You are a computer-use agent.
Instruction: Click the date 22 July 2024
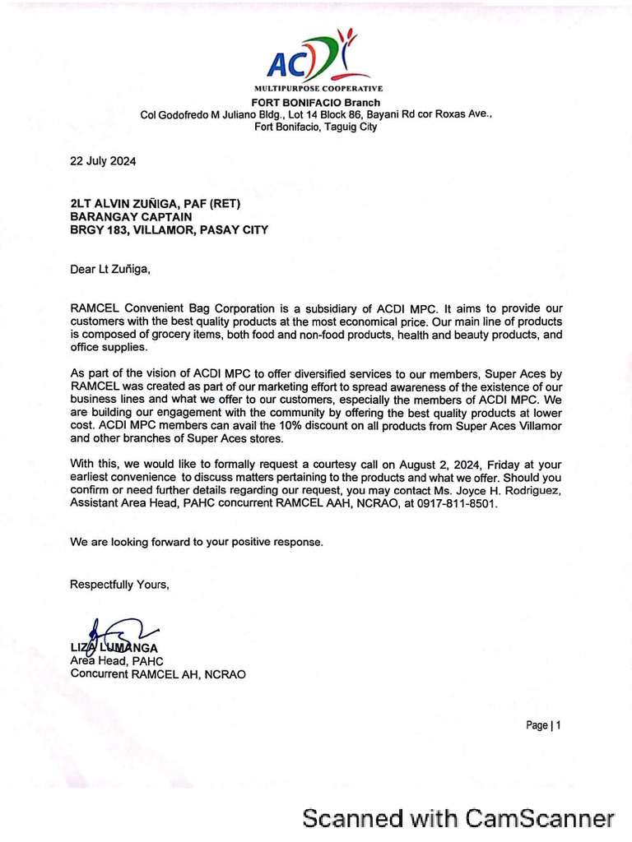click(103, 161)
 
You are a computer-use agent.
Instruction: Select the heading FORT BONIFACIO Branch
click(316, 102)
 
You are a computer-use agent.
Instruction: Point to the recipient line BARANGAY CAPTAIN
click(131, 217)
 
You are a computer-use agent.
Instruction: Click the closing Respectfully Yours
click(120, 585)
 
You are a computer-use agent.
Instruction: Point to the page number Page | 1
click(543, 725)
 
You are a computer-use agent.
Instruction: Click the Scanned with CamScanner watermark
click(458, 818)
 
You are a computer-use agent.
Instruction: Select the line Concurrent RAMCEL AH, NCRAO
click(157, 674)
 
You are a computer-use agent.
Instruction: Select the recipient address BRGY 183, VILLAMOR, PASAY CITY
click(169, 230)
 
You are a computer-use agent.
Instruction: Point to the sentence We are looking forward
click(197, 543)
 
